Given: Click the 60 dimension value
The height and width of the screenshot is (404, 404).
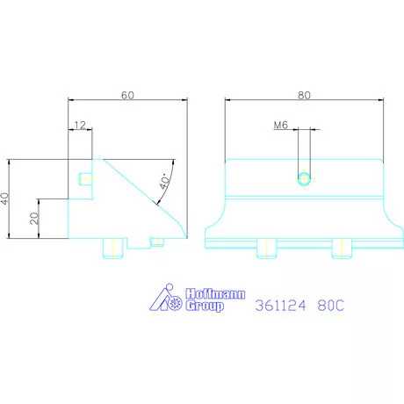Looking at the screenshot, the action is tap(127, 95).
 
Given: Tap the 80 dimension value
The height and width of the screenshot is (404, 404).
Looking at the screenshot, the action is tap(304, 95).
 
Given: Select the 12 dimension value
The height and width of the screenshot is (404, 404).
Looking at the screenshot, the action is tap(80, 125).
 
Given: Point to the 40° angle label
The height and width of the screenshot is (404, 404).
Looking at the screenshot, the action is tap(164, 181).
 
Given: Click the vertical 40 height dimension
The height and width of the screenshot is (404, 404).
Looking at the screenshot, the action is tap(5, 198).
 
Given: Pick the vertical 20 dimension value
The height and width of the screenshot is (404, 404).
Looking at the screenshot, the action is tap(34, 219).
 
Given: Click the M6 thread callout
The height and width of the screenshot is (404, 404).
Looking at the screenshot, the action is tap(281, 126).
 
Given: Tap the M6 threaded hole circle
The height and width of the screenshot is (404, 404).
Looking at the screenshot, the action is tap(304, 179).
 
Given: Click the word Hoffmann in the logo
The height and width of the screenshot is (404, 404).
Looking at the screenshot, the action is tap(215, 293).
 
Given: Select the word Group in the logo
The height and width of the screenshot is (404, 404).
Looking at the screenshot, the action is tap(205, 306).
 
